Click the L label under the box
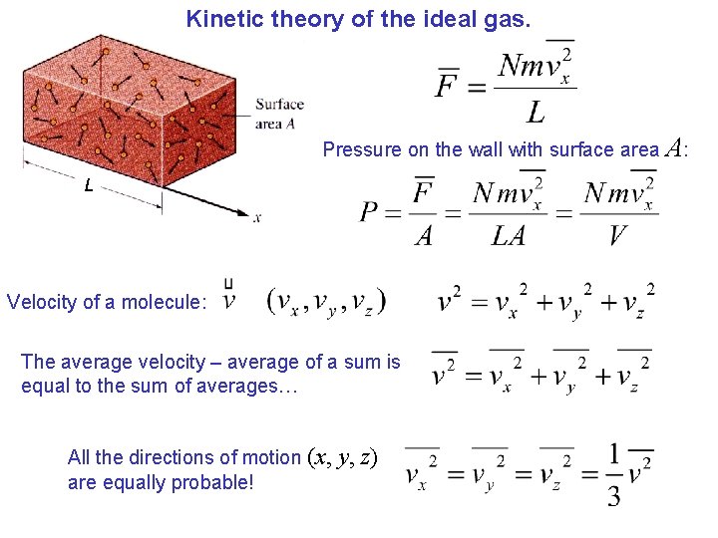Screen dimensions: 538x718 89,185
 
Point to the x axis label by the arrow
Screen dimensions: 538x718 257,218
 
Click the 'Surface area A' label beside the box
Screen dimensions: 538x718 279,113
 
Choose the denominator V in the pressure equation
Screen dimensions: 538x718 617,235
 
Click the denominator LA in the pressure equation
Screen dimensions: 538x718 508,235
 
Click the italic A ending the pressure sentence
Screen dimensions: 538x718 673,148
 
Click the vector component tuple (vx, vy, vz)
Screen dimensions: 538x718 326,301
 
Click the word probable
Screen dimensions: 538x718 210,483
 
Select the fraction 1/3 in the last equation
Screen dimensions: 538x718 614,475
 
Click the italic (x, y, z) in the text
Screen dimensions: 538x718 341,457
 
